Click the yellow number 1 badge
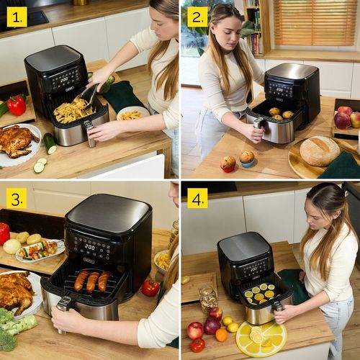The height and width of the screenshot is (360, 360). (17, 17)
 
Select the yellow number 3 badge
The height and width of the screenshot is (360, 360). (17, 198)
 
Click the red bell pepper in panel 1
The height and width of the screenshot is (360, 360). (17, 105)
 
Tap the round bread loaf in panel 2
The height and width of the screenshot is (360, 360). (319, 151)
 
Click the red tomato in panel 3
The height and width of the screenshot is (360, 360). (150, 287)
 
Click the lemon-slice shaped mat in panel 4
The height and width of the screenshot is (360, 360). (261, 337)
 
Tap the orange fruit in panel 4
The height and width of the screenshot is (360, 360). (221, 335)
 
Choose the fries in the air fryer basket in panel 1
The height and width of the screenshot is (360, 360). (73, 112)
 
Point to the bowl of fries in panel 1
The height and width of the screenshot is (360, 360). (132, 114)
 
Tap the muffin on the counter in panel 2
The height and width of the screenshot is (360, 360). (247, 157)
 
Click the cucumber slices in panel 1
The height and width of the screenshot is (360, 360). (40, 166)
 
